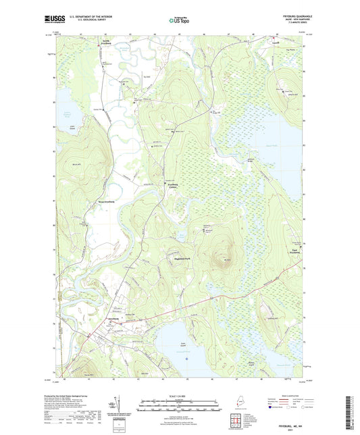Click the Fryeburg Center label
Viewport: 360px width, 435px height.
pos(176,186)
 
